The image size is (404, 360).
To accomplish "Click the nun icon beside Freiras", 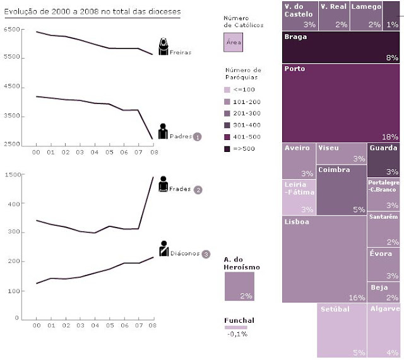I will click(163, 47).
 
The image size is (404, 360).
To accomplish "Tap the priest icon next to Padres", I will click(163, 131).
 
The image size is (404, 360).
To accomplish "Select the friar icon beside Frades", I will click(163, 185).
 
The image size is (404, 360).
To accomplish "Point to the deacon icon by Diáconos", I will click(163, 248).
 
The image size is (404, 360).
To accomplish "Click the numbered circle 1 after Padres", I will click(197, 136).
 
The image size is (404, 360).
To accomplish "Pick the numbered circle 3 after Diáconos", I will click(206, 254).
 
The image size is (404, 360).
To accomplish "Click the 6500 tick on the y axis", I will click(12, 30).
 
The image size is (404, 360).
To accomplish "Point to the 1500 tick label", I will click(12, 175).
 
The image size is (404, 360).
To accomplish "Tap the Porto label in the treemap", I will click(294, 69).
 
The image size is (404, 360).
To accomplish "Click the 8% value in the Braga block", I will click(392, 57).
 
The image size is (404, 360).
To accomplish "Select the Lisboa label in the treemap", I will click(297, 222).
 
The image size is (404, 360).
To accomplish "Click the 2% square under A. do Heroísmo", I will click(239, 286).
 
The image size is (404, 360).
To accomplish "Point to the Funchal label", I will click(239, 320).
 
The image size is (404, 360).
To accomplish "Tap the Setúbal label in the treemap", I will click(335, 310).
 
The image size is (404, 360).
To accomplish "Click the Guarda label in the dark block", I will click(383, 148).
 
